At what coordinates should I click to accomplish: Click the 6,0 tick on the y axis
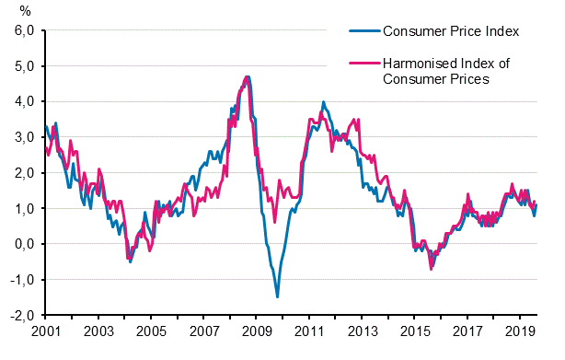tap(22, 30)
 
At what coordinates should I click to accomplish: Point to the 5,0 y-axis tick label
tap(22, 66)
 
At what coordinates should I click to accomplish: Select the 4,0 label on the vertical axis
tap(22, 101)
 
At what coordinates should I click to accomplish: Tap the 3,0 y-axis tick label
tap(22, 137)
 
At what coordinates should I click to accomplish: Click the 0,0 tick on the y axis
tap(22, 244)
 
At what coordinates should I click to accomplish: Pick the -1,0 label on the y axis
tap(20, 280)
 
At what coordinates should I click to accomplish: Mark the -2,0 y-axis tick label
tap(20, 316)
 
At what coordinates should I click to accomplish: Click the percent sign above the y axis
tap(25, 11)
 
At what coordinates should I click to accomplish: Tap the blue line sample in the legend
tap(365, 31)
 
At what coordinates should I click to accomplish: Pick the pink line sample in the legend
tap(365, 64)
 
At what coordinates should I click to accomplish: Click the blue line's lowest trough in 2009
tap(277, 296)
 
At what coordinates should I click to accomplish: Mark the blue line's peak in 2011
tap(323, 102)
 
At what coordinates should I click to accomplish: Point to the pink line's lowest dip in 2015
tap(431, 268)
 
